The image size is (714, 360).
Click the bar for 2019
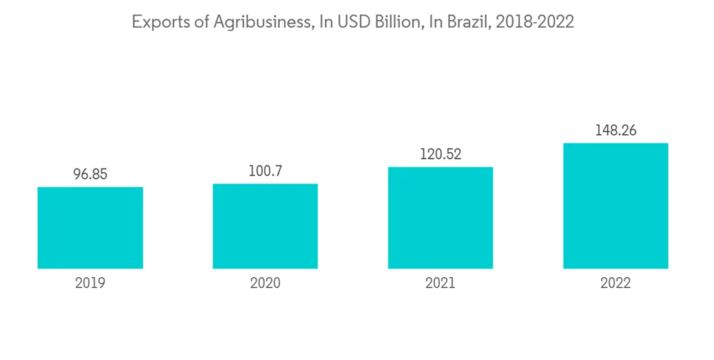[x=90, y=228]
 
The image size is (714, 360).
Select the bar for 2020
[x=265, y=226]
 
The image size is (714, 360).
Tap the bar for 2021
[x=441, y=218]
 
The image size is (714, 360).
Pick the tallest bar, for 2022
[x=615, y=206]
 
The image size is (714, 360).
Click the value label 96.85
[x=90, y=174]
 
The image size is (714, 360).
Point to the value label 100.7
[x=265, y=171]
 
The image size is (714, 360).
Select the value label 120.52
[x=441, y=154]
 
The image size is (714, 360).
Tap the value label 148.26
[x=615, y=131]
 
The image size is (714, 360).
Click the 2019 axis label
[x=90, y=284]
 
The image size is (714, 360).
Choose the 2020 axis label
[x=265, y=284]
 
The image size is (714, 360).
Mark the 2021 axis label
[x=441, y=284]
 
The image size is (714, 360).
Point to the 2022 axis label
[x=615, y=284]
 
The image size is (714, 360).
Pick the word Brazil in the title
[x=468, y=23]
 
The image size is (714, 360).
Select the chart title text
[x=353, y=23]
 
